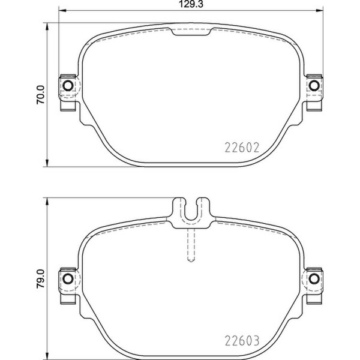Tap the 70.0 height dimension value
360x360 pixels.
tap(40, 94)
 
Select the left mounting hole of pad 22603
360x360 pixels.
tap(68, 277)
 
